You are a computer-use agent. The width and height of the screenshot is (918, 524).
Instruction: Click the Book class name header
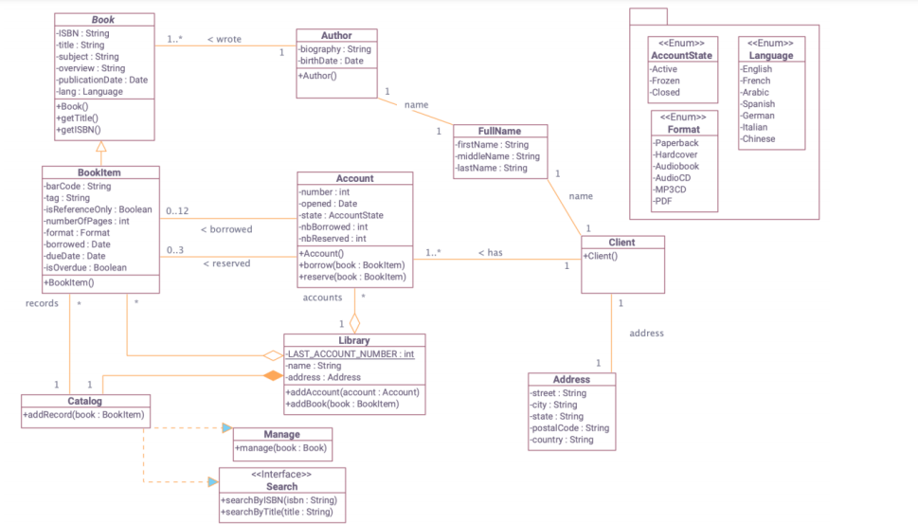[103, 20]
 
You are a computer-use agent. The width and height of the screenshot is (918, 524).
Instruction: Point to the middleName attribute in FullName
[497, 156]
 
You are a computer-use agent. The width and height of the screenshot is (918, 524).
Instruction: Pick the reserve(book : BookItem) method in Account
[352, 277]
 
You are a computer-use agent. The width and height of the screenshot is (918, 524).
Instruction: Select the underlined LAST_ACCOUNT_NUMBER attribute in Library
[351, 354]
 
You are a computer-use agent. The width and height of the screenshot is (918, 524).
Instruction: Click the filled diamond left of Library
[273, 376]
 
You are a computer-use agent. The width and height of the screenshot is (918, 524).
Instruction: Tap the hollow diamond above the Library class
[354, 323]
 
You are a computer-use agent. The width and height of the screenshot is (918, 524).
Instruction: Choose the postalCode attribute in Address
[570, 428]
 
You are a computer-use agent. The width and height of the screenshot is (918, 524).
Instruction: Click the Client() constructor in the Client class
[601, 256]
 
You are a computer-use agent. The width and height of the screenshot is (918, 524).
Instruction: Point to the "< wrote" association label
[225, 40]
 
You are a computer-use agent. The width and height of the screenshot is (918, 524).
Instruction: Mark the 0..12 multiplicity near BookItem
[176, 210]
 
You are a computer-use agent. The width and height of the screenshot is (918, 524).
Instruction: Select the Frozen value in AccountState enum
[666, 81]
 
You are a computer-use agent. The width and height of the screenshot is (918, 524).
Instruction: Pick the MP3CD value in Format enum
[671, 189]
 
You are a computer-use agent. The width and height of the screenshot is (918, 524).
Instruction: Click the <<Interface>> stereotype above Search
[281, 474]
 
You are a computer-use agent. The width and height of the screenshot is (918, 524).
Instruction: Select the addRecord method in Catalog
[84, 415]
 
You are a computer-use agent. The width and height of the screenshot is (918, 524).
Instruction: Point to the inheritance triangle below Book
[100, 147]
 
